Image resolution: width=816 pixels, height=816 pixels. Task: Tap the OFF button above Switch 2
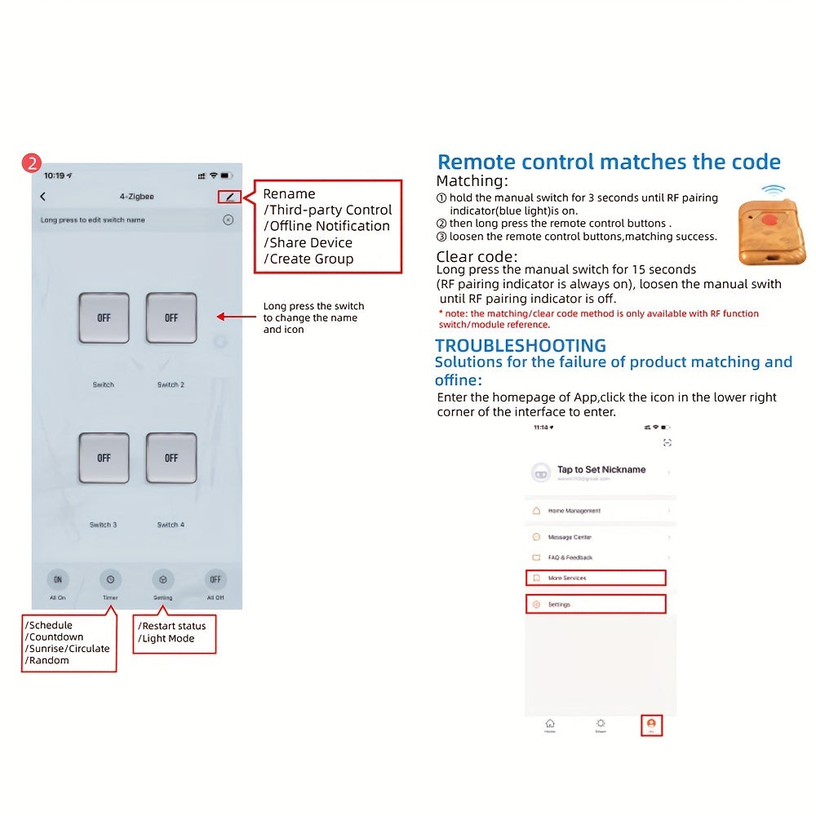(x=171, y=317)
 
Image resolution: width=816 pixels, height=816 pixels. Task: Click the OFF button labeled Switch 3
(x=104, y=458)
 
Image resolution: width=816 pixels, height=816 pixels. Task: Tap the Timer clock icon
(x=110, y=579)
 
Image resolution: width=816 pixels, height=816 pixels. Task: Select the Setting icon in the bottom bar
(x=163, y=579)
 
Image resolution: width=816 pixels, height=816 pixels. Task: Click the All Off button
(x=215, y=579)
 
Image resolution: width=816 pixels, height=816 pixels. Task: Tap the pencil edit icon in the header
(x=229, y=197)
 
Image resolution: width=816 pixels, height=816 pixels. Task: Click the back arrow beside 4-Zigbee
(x=43, y=197)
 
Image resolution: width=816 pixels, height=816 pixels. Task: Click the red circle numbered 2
(x=31, y=162)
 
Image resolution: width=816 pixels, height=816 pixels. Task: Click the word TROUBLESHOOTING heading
(x=520, y=345)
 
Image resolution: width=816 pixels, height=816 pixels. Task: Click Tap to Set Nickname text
(x=601, y=470)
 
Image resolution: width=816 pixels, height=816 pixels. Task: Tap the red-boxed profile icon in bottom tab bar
(x=651, y=724)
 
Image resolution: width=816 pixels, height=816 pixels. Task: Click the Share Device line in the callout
(x=308, y=242)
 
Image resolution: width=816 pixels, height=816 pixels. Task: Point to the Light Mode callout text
(x=168, y=638)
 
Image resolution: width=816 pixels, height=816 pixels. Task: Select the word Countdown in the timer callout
(x=55, y=637)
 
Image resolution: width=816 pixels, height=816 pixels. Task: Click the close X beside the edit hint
(x=228, y=220)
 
